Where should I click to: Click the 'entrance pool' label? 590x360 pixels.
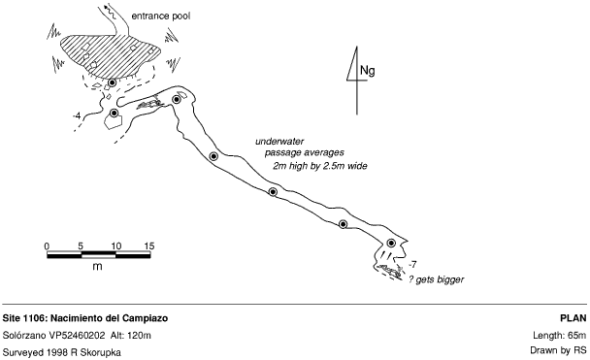[x=161, y=16]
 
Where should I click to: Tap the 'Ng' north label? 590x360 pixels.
[x=367, y=71]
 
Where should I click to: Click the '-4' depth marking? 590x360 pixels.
[x=77, y=116]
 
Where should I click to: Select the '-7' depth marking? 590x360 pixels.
[x=412, y=265]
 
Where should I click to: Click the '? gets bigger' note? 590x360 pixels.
[x=437, y=279]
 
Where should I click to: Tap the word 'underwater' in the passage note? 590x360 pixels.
[x=279, y=142]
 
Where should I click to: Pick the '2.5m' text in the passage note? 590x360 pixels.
[x=334, y=166]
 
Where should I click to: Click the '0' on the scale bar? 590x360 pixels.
[x=47, y=246]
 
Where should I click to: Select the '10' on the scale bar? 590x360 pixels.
[x=115, y=246]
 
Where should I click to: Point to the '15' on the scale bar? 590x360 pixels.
[x=149, y=246]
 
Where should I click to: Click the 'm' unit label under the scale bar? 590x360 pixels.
[x=97, y=266]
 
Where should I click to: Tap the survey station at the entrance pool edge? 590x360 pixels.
[x=112, y=82]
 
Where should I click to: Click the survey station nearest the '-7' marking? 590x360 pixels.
[x=391, y=243]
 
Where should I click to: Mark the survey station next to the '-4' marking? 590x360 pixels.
[x=114, y=113]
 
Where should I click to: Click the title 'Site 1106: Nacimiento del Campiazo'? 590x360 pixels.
[x=85, y=318]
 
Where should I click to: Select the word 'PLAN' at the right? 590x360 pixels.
[x=574, y=318]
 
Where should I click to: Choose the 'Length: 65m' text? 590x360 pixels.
[x=560, y=335]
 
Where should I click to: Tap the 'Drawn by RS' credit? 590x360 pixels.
[x=558, y=350]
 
